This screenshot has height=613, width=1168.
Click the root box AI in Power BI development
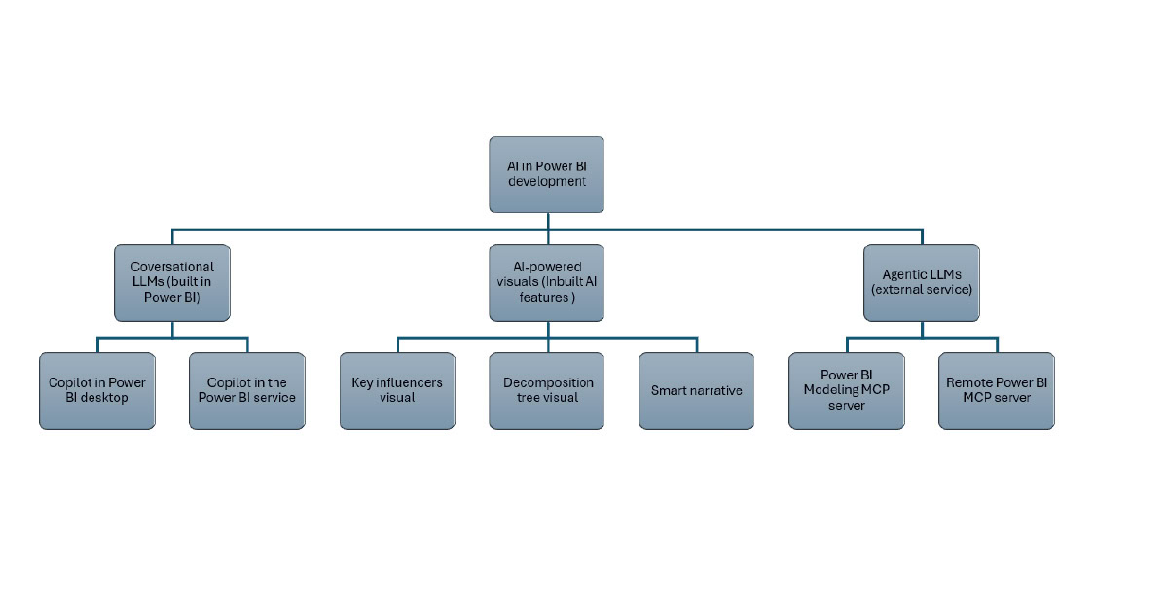(546, 174)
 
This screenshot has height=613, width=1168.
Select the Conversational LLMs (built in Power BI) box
(172, 282)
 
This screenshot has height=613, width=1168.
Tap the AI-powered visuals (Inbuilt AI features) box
(546, 282)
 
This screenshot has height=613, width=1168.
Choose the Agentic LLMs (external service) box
(922, 282)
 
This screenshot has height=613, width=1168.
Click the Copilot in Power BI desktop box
(97, 390)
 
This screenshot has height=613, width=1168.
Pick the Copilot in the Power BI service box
(247, 390)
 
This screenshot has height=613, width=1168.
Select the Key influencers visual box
(397, 390)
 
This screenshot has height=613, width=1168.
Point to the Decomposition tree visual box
(547, 390)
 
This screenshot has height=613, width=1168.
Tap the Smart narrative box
(697, 390)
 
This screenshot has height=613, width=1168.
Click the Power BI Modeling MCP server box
(847, 390)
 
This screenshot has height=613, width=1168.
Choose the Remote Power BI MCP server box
(997, 390)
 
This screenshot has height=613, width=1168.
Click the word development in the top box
(546, 182)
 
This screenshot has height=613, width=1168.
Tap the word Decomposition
(548, 383)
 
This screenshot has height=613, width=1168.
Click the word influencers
(410, 383)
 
